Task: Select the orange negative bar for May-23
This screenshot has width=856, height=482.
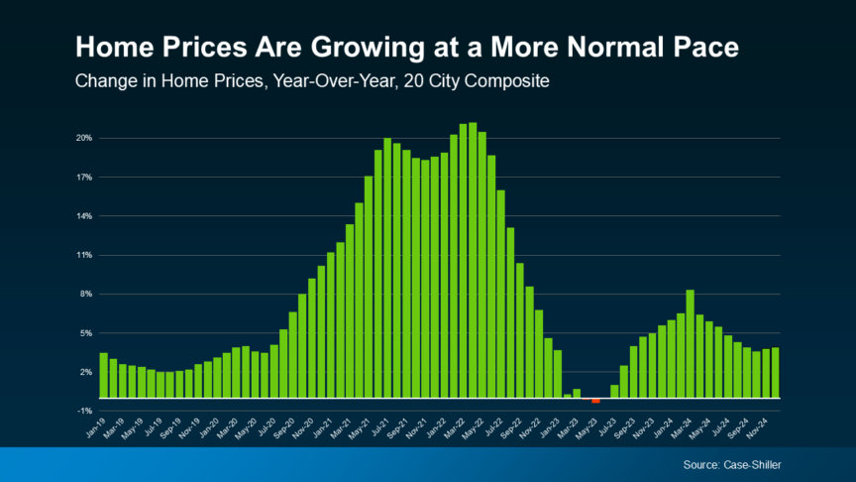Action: pos(595,401)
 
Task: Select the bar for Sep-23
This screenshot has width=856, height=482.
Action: pos(633,371)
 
